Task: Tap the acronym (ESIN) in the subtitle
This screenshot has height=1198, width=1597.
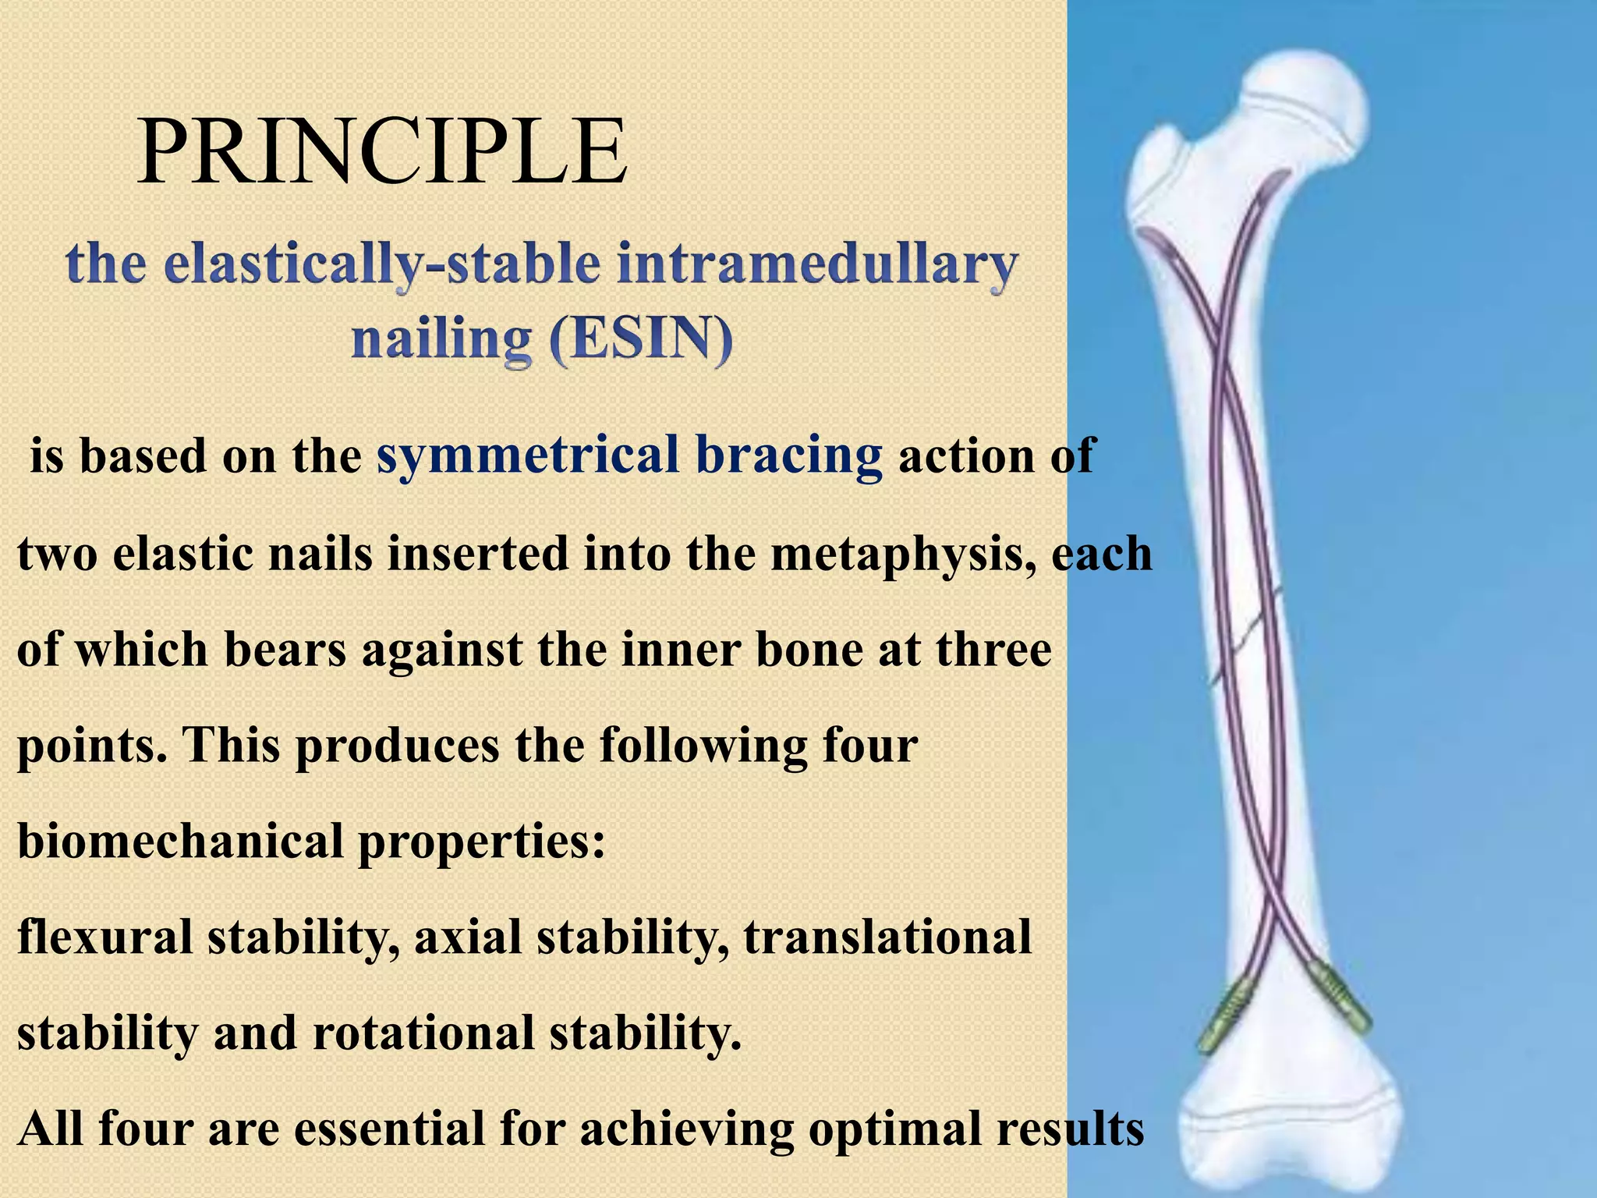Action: (641, 340)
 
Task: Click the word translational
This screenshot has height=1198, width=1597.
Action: (887, 937)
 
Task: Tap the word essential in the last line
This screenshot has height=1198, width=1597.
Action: (391, 1129)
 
